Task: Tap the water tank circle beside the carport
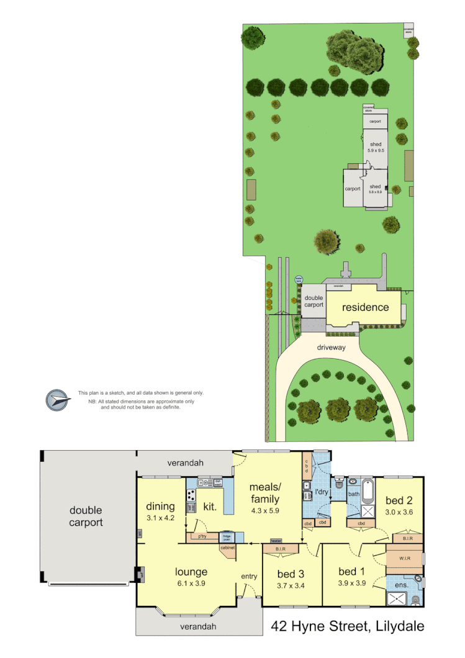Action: tap(299, 280)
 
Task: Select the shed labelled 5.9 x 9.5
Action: tap(375, 148)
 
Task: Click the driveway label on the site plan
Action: tap(330, 348)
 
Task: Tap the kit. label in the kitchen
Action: tap(210, 507)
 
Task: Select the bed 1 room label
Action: tap(351, 572)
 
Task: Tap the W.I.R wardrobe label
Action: tap(404, 559)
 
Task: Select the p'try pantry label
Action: tap(202, 536)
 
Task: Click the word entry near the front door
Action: tap(249, 577)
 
